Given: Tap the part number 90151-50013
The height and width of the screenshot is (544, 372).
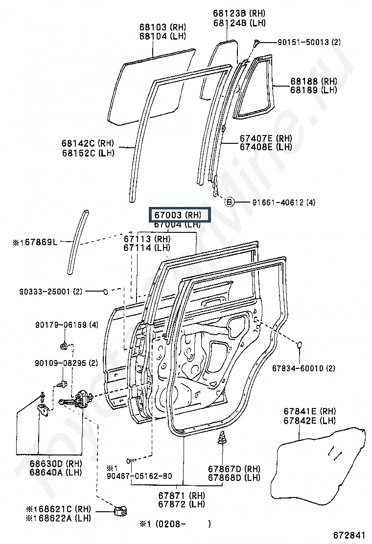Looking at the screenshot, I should [x=303, y=43].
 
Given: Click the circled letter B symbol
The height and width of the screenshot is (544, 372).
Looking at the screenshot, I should [x=229, y=202].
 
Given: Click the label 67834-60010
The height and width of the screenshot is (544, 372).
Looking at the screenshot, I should [x=298, y=368].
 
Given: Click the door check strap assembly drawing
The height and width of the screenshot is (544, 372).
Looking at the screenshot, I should [x=78, y=399].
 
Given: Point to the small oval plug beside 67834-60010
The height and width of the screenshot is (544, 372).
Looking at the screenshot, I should [x=300, y=346].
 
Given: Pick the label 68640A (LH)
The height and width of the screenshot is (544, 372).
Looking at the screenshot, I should [x=55, y=472].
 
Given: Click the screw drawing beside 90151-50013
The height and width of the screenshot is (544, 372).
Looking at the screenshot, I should [x=256, y=44].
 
